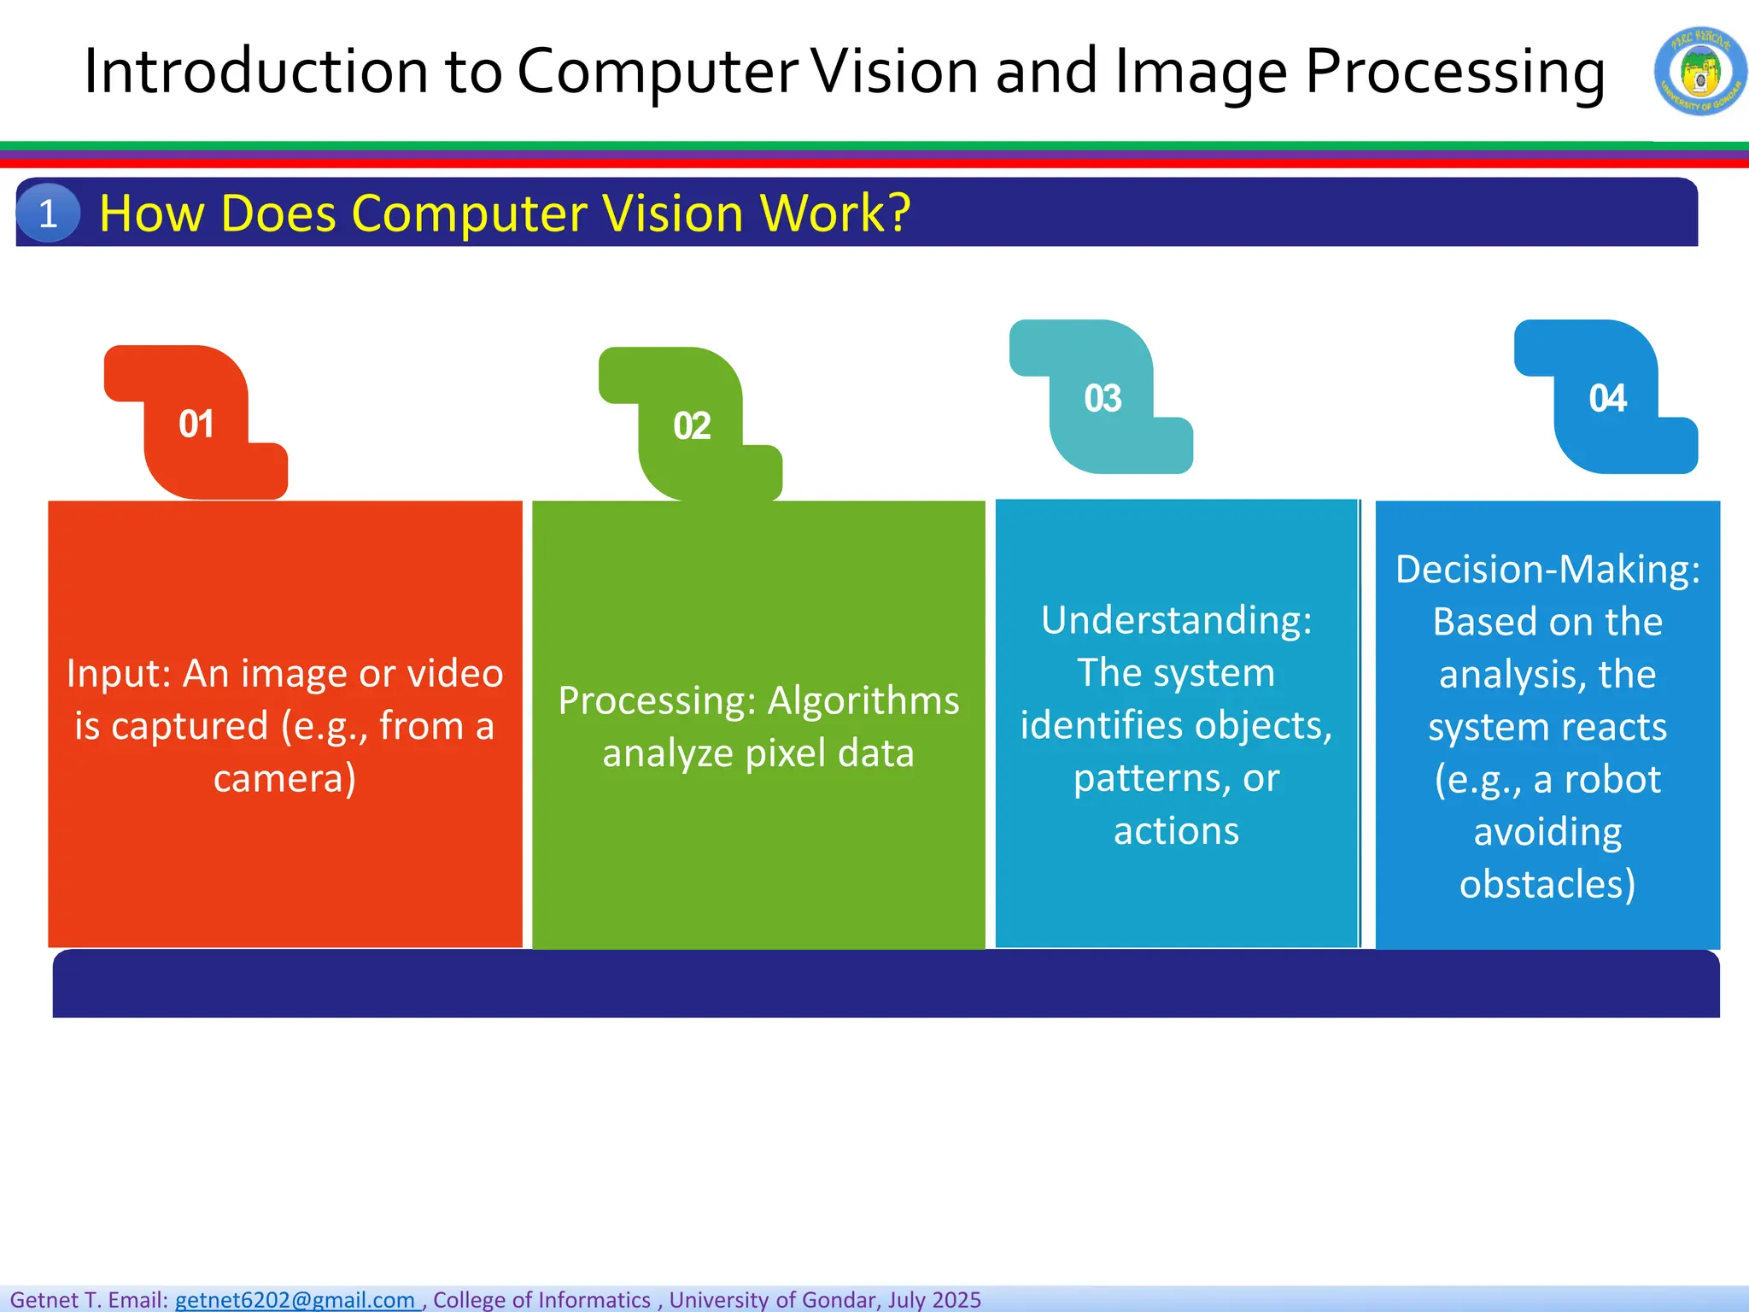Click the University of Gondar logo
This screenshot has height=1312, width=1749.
[x=1699, y=71]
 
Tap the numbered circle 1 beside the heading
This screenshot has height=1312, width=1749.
[x=48, y=213]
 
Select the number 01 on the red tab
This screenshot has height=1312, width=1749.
[x=196, y=424]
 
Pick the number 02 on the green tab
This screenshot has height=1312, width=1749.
[x=692, y=425]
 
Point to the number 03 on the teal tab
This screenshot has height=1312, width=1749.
[x=1103, y=399]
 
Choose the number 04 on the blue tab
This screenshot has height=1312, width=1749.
[x=1607, y=399]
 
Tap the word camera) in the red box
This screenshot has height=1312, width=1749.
[x=284, y=778]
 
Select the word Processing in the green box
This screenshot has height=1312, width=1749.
[x=656, y=700]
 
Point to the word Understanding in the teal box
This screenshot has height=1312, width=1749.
[x=1176, y=620]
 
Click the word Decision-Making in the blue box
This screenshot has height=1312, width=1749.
[x=1547, y=570]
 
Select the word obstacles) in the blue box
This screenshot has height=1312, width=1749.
[x=1547, y=884]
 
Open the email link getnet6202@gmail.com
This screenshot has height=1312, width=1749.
[x=295, y=1299]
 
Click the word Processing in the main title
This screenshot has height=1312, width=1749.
[x=1454, y=72]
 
